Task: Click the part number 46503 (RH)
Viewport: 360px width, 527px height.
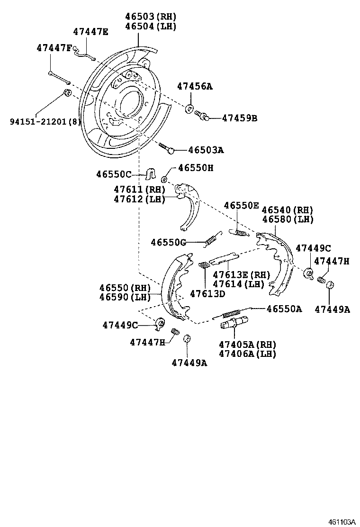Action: click(x=151, y=16)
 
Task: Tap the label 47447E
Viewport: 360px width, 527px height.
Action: click(x=90, y=32)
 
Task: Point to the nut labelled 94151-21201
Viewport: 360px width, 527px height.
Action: click(x=67, y=92)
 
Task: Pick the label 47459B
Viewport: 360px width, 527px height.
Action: click(x=239, y=118)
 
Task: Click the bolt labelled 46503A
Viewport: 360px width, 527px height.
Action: click(x=167, y=148)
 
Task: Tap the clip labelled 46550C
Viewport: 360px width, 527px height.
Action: click(x=152, y=173)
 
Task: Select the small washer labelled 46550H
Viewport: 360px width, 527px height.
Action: click(x=165, y=179)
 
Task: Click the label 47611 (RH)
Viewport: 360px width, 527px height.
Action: click(x=139, y=189)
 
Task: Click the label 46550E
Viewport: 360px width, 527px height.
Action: click(x=241, y=205)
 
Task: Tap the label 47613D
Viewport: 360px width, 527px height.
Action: click(x=207, y=293)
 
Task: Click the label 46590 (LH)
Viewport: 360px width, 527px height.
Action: click(x=125, y=297)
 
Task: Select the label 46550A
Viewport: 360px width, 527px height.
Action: click(x=284, y=309)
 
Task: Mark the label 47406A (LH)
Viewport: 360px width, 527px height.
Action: click(x=247, y=354)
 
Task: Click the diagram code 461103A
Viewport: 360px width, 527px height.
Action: click(x=342, y=522)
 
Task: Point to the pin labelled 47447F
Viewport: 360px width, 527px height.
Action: click(x=59, y=78)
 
